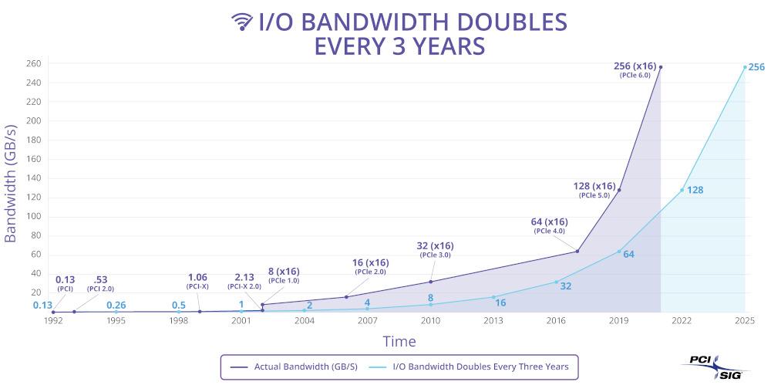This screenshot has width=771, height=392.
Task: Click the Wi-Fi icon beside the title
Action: click(x=242, y=22)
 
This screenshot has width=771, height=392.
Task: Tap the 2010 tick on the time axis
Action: click(x=430, y=320)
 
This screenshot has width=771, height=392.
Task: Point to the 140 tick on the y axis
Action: click(x=33, y=178)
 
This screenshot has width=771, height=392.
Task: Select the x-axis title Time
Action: click(x=399, y=341)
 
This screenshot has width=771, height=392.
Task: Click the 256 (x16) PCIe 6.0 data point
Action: click(x=661, y=67)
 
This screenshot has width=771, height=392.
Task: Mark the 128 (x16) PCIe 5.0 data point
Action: click(x=619, y=190)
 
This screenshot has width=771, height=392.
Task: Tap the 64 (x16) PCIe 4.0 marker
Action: click(x=577, y=251)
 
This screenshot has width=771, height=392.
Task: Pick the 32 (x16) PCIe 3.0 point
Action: click(x=430, y=282)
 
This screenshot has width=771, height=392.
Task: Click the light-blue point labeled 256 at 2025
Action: click(x=745, y=67)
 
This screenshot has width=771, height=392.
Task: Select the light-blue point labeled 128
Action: click(x=682, y=190)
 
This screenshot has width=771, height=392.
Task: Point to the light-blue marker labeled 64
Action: click(x=619, y=251)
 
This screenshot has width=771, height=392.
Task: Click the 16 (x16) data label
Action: click(x=370, y=263)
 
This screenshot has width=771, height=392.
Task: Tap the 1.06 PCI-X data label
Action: click(x=198, y=278)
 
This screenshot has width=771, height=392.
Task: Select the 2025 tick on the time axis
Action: click(x=744, y=320)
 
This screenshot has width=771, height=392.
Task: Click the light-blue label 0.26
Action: click(x=116, y=305)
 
